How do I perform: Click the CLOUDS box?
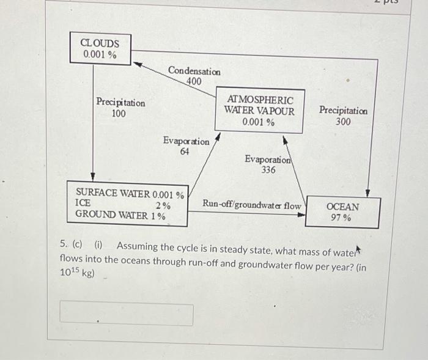point(100,48)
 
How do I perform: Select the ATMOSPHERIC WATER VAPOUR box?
point(259,110)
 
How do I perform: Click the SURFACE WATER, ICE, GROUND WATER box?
point(127,204)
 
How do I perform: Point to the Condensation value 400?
point(194,81)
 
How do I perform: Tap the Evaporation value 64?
point(184,152)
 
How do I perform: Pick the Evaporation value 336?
point(268,170)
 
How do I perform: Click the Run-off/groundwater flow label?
point(252,205)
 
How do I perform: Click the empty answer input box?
point(127,314)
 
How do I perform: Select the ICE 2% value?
point(162,205)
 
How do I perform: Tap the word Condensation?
point(194,71)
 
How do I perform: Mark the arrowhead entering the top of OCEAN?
point(368,192)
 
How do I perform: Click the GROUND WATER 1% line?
point(120,215)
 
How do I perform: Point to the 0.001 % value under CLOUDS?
point(100,54)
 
